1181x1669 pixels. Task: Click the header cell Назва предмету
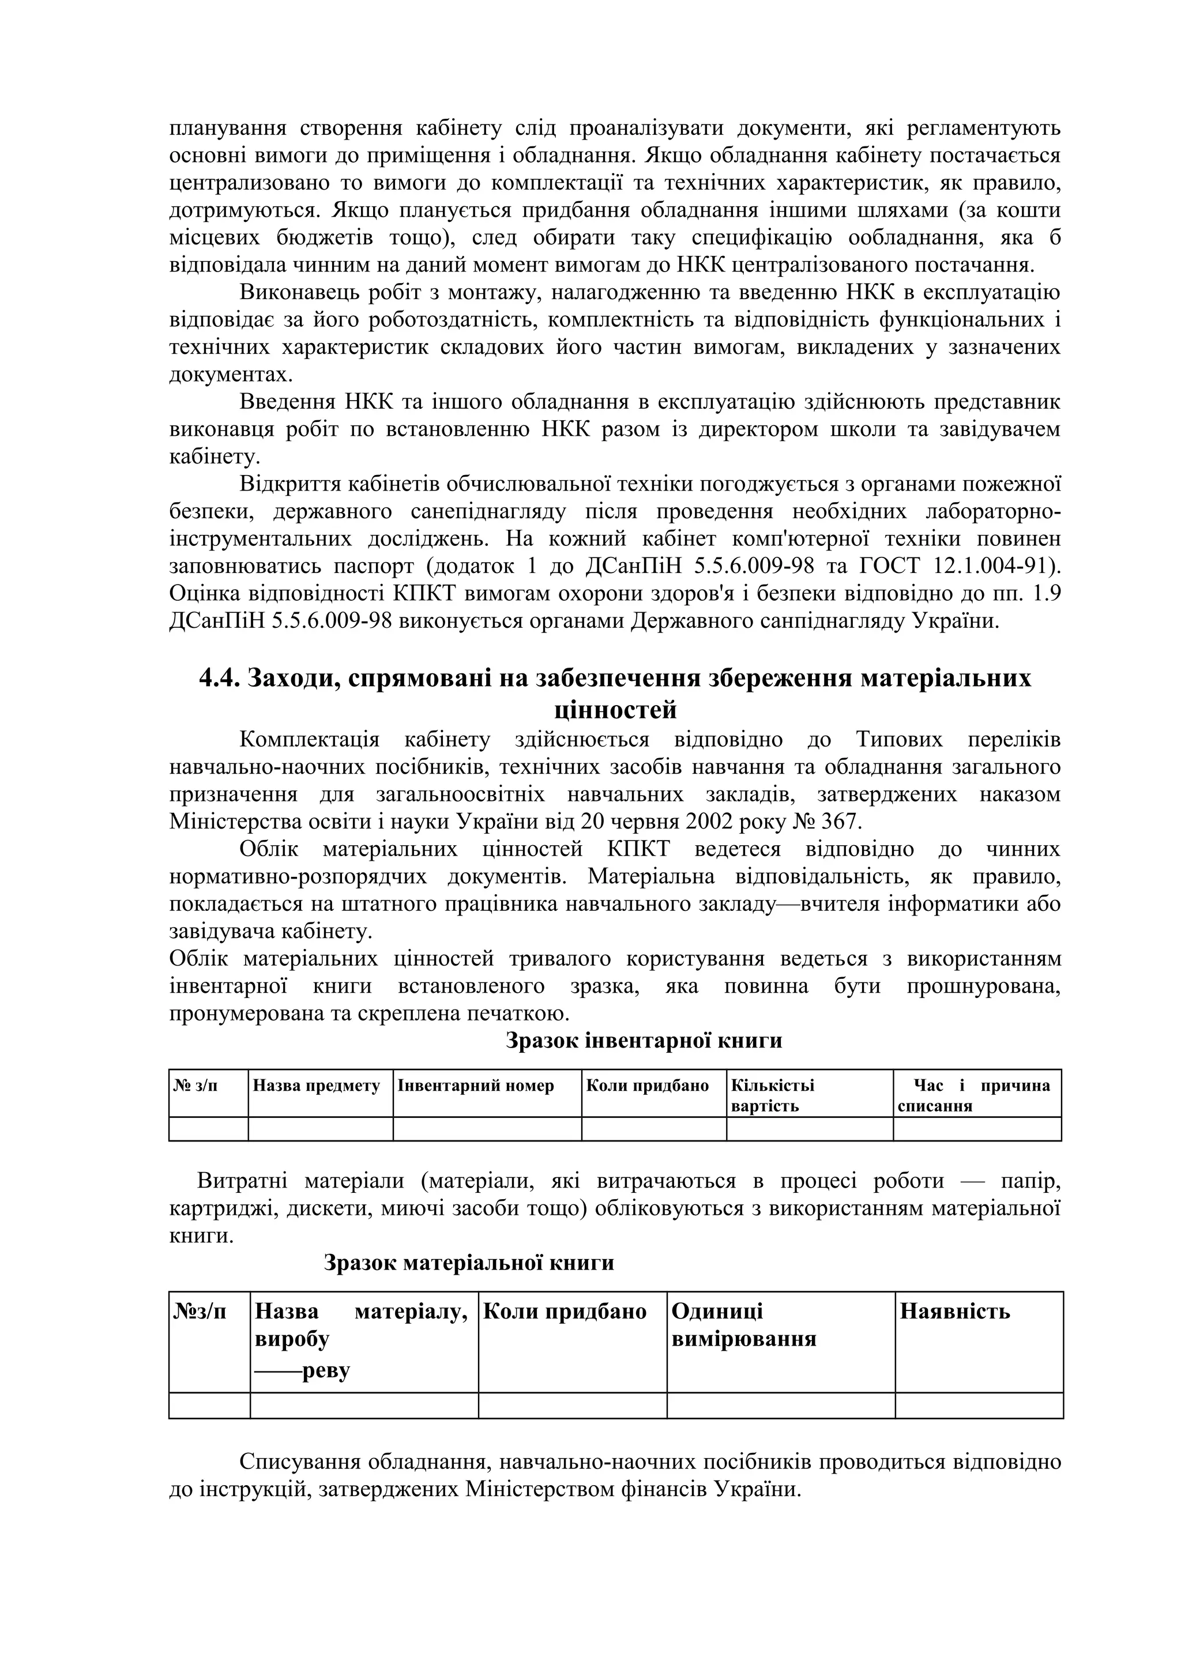317,1086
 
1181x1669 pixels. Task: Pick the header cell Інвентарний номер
476,1086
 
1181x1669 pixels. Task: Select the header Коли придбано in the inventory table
647,1086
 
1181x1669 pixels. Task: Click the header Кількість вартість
772,1095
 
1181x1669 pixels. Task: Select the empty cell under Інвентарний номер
487,1129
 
